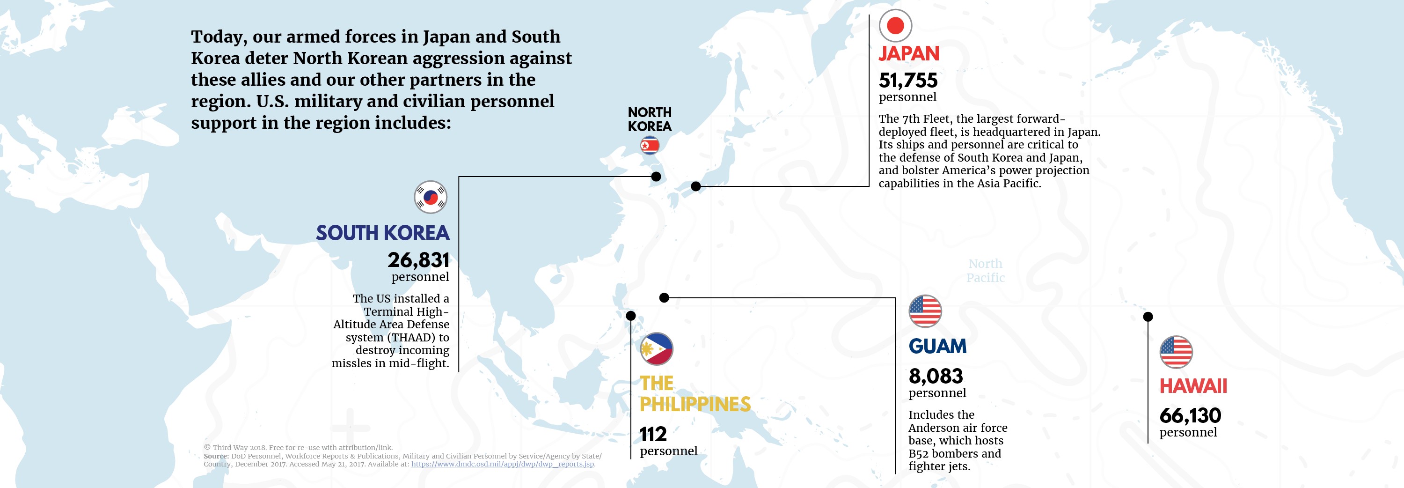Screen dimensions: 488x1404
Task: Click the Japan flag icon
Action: [x=895, y=26]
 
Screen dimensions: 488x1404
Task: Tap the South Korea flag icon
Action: [x=431, y=197]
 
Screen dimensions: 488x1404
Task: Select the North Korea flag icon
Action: [x=649, y=146]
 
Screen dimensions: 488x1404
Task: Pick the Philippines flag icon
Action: [x=656, y=348]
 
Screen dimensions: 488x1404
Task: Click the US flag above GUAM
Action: [x=925, y=311]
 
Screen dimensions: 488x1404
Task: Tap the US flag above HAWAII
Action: [x=1176, y=352]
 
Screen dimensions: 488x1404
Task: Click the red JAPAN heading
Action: [x=908, y=53]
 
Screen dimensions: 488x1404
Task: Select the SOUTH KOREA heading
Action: [x=383, y=233]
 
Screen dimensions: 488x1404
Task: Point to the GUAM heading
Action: [x=937, y=346]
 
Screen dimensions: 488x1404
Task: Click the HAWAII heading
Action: [x=1193, y=386]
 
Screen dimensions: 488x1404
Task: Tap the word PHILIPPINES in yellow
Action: [x=695, y=404]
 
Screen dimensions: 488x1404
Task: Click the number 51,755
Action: [x=908, y=81]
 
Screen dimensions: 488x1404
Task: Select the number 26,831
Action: [x=418, y=260]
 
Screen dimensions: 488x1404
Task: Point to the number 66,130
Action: [x=1190, y=415]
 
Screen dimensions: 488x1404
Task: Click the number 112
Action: [x=653, y=434]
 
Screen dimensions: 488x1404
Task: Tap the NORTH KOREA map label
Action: [x=649, y=119]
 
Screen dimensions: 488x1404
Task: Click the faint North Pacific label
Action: [x=986, y=270]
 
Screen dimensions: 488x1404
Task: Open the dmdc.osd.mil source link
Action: [x=502, y=464]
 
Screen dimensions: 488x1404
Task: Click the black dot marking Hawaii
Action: [x=1148, y=316]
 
